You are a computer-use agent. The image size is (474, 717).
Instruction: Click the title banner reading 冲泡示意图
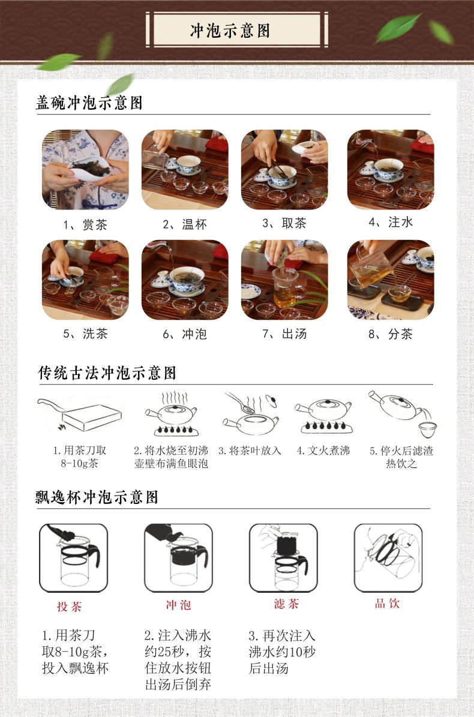237,30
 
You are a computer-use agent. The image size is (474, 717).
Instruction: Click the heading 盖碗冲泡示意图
89,103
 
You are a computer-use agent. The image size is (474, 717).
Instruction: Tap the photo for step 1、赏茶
85,170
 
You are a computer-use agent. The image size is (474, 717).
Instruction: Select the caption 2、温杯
185,224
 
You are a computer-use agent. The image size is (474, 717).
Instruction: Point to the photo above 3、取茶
284,170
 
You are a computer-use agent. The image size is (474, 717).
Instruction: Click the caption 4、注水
391,222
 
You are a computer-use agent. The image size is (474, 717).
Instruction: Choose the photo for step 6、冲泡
185,280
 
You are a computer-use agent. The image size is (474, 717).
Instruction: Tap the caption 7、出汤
284,334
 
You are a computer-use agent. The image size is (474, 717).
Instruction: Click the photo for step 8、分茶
391,280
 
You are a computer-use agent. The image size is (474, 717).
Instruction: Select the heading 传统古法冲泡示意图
107,373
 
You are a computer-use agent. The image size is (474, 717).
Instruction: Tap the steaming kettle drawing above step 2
172,413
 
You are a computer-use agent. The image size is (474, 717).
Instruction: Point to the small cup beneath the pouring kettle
428,430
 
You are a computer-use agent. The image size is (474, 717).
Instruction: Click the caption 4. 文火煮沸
323,451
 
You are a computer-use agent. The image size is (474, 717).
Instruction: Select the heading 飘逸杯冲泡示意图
97,497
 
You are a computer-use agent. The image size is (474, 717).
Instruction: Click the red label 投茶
70,607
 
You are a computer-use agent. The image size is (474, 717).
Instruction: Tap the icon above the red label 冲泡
179,558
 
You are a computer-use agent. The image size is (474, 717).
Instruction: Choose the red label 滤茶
287,604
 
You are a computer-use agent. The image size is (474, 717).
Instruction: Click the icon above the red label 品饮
389,558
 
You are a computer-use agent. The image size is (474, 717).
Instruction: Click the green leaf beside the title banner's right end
398,28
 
